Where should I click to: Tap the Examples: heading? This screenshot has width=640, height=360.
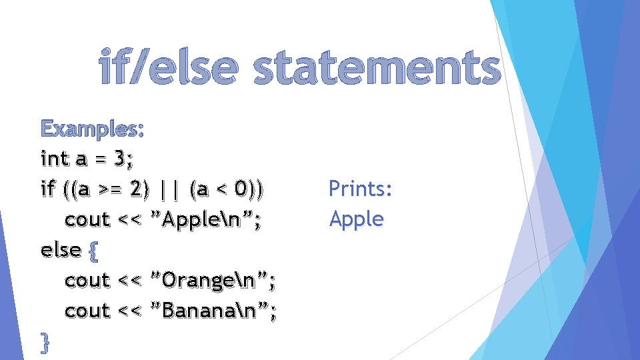(x=92, y=128)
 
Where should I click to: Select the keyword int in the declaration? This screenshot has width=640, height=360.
(x=54, y=159)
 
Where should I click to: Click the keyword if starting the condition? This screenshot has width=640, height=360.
(x=47, y=189)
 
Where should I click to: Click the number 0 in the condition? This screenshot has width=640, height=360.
(x=243, y=189)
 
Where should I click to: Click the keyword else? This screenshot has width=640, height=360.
(x=61, y=250)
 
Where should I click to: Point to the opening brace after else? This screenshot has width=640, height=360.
(x=93, y=251)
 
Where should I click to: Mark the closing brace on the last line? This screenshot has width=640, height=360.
(x=45, y=342)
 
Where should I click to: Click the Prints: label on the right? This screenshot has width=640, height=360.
(x=361, y=189)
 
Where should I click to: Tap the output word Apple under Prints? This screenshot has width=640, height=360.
(x=357, y=219)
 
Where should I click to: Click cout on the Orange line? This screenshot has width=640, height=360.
(x=87, y=281)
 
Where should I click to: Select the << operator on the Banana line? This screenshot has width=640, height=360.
(x=130, y=311)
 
